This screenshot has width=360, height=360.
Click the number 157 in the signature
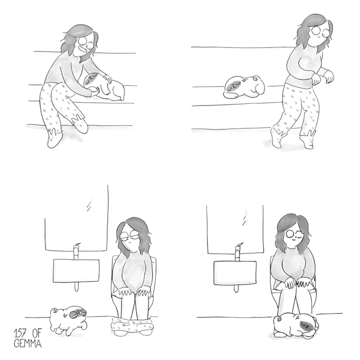pyautogui.click(x=20, y=333)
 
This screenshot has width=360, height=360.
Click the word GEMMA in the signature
pyautogui.click(x=28, y=343)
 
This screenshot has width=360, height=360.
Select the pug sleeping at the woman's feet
pyautogui.click(x=296, y=326)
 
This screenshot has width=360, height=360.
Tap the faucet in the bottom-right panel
pyautogui.click(x=238, y=252)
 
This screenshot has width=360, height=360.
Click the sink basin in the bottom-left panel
pyautogui.click(x=76, y=271)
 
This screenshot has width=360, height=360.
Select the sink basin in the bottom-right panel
pyautogui.click(x=236, y=273)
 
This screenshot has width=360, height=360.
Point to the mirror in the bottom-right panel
pyautogui.click(x=236, y=229)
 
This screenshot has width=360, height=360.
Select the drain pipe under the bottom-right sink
pyautogui.click(x=236, y=289)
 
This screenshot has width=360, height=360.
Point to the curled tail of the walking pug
pyautogui.click(x=54, y=311)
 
